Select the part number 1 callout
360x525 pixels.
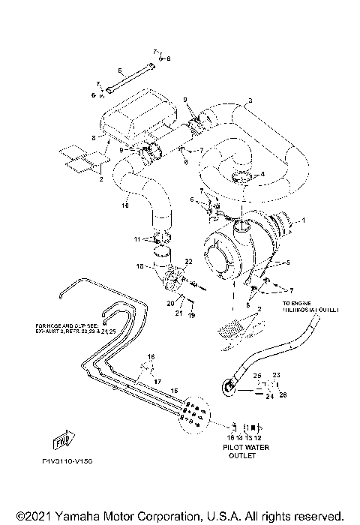304,220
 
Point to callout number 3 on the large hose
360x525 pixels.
250,100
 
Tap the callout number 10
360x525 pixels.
125,205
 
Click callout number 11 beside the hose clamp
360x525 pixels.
137,239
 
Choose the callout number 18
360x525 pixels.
139,266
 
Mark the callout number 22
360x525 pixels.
189,261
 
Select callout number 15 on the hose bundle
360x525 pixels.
175,391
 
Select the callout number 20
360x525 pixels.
170,301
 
